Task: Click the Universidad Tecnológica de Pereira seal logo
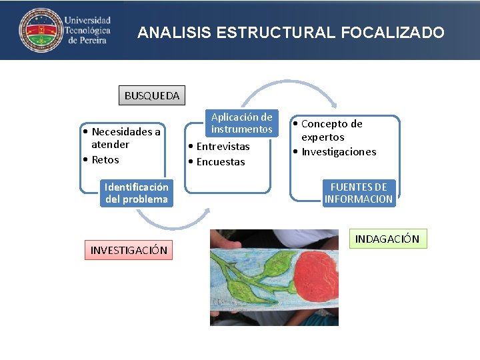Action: pos(39,30)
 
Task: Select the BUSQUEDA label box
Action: pos(152,95)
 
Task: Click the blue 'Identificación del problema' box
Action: pos(136,193)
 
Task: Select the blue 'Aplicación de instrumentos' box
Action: pos(241,123)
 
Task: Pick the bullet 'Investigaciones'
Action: pos(337,151)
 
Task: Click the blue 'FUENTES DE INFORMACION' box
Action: pos(359,193)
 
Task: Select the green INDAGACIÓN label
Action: pos(387,239)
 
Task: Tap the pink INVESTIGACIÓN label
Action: pos(129,250)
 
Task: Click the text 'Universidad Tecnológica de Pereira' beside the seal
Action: pos(87,30)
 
